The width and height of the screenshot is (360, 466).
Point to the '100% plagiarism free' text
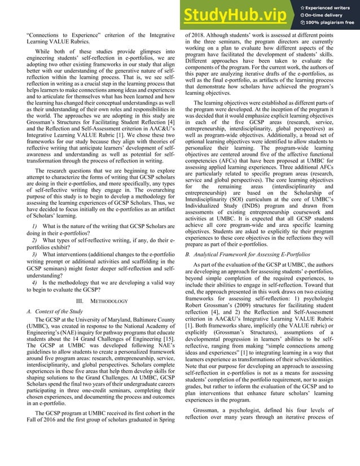pyautogui.click(x=327, y=22)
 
